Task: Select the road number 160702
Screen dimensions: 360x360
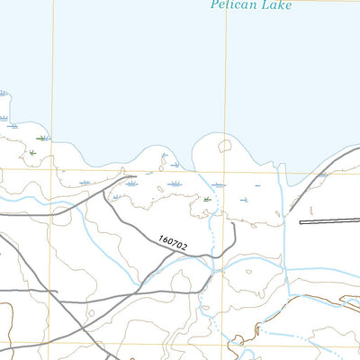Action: (x=172, y=242)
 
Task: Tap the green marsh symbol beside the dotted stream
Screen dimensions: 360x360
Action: (x=208, y=199)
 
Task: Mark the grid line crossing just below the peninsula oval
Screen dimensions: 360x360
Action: (x=225, y=170)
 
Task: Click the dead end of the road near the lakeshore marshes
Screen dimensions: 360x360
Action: (x=135, y=177)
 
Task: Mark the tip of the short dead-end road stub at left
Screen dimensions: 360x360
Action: (x=57, y=292)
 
